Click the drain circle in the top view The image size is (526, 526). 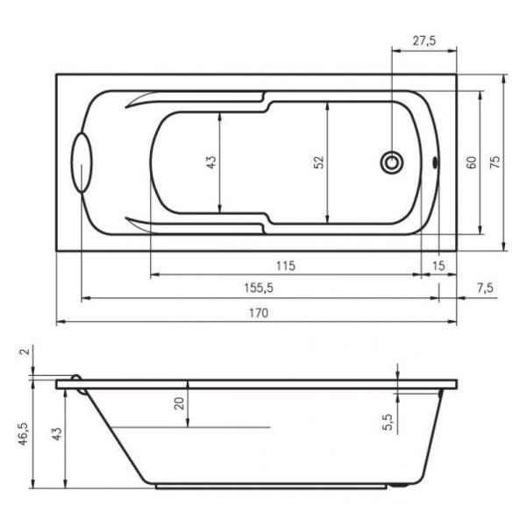[392, 163]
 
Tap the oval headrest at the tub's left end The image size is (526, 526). [82, 163]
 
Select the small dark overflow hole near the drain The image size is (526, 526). [436, 163]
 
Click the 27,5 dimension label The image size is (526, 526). [424, 40]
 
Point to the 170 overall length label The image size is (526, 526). [259, 313]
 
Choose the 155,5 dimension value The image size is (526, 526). [259, 288]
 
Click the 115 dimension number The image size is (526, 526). [286, 266]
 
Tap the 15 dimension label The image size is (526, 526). [438, 266]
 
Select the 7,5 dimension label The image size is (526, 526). [485, 288]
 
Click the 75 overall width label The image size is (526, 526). [495, 162]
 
